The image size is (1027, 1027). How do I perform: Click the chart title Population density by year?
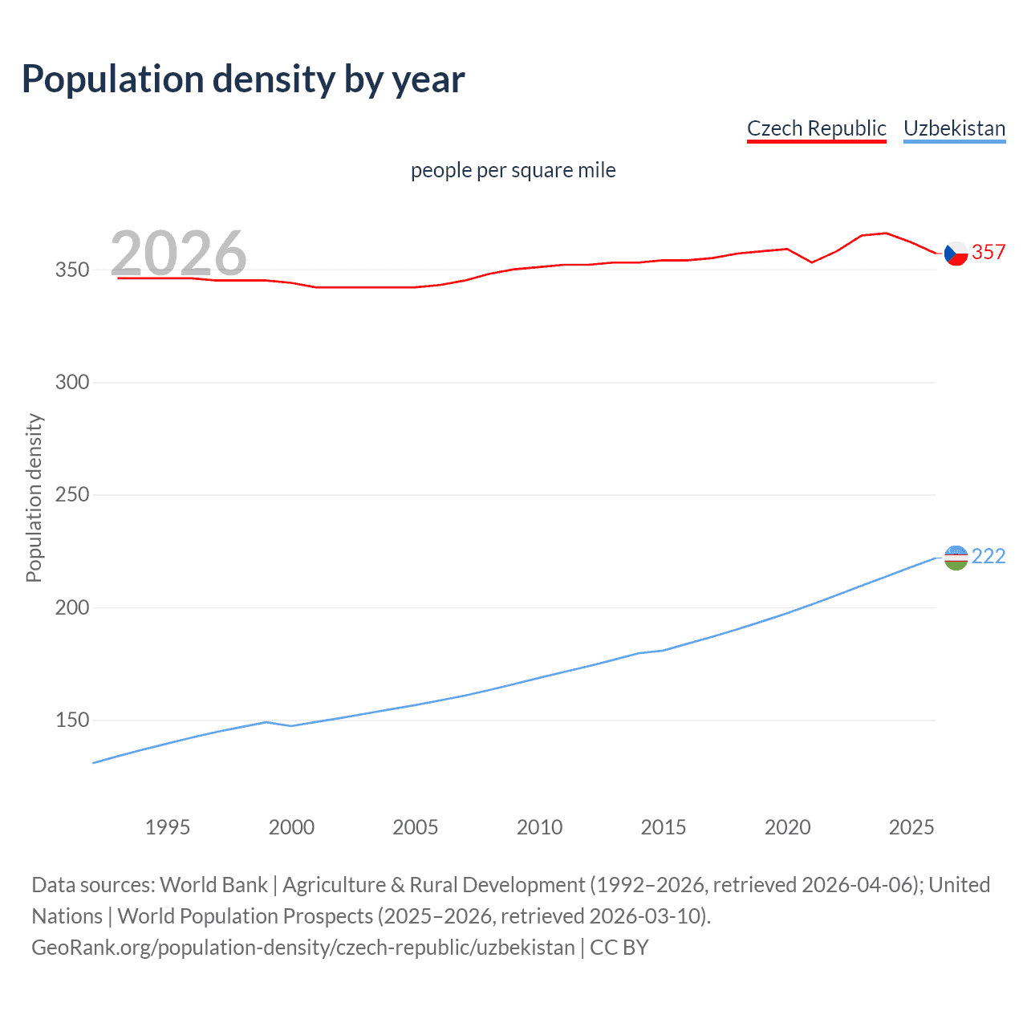point(243,79)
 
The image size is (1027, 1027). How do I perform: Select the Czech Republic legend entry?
point(816,128)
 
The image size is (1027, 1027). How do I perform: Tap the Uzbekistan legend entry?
point(954,128)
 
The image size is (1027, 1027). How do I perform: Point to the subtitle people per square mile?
point(513,170)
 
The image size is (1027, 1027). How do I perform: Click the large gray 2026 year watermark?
point(178,253)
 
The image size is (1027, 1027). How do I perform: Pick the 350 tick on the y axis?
point(71,270)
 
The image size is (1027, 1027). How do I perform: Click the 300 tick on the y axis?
point(71,382)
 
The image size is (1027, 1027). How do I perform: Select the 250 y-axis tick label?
point(71,495)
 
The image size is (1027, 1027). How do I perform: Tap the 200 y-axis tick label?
point(71,607)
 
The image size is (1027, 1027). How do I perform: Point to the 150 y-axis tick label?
point(71,721)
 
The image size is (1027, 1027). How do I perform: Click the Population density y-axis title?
point(34,497)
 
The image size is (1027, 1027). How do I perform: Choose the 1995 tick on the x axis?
point(167,827)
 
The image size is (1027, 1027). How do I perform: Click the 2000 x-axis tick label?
point(291,827)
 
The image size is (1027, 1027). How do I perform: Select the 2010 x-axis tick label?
point(539,827)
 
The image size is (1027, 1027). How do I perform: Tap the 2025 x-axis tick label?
point(911,827)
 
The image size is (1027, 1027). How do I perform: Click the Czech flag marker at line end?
point(956,254)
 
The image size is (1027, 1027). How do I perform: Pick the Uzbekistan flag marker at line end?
point(956,558)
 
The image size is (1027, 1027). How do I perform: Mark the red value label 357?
point(988,252)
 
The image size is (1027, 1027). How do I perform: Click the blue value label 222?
point(988,556)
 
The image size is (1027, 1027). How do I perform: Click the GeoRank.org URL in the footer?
point(303,948)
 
